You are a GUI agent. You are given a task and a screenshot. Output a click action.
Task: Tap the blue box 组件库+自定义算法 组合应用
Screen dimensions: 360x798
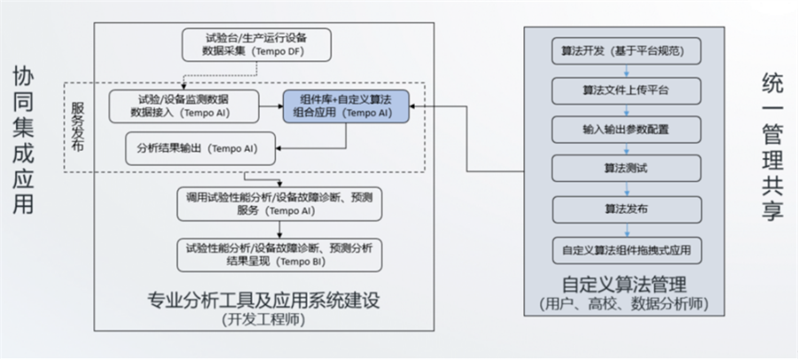(345, 106)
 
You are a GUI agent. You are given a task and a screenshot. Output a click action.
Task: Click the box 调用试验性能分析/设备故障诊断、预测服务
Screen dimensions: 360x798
(279, 204)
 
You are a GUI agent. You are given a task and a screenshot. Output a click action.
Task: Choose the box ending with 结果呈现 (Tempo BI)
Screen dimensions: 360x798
(279, 254)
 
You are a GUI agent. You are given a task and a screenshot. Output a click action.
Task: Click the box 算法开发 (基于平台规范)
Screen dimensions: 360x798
(627, 49)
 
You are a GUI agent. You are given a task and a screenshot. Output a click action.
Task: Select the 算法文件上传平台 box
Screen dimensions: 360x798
(627, 89)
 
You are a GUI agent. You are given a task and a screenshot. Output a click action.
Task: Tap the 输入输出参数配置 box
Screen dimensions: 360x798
(627, 129)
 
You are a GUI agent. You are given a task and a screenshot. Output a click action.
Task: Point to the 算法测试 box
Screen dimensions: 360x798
(627, 168)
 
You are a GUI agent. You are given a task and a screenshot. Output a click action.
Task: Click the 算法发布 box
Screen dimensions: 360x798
(627, 208)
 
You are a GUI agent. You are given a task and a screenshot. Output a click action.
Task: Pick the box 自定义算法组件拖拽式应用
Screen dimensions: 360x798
(627, 249)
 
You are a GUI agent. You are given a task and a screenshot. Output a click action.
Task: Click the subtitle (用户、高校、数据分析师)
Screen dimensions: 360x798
(626, 305)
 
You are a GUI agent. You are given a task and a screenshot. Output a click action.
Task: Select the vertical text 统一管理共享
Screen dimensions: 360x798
(772, 146)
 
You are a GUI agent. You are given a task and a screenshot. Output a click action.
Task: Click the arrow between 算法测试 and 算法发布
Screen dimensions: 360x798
(627, 188)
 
